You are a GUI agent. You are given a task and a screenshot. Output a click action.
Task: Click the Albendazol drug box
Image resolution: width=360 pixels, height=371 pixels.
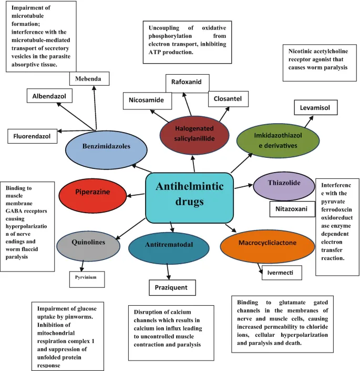click(49, 96)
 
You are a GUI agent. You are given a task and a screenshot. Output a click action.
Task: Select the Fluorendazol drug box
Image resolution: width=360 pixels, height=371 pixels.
click(33, 136)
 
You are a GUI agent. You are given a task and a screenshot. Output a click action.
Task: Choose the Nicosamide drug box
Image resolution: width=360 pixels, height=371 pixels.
click(143, 100)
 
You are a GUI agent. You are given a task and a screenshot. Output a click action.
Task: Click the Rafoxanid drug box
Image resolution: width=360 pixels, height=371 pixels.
click(187, 83)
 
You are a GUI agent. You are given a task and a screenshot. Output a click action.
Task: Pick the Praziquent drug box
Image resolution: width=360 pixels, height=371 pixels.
click(171, 288)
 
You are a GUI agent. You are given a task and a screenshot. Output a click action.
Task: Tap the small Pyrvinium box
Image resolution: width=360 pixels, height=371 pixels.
click(85, 276)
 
